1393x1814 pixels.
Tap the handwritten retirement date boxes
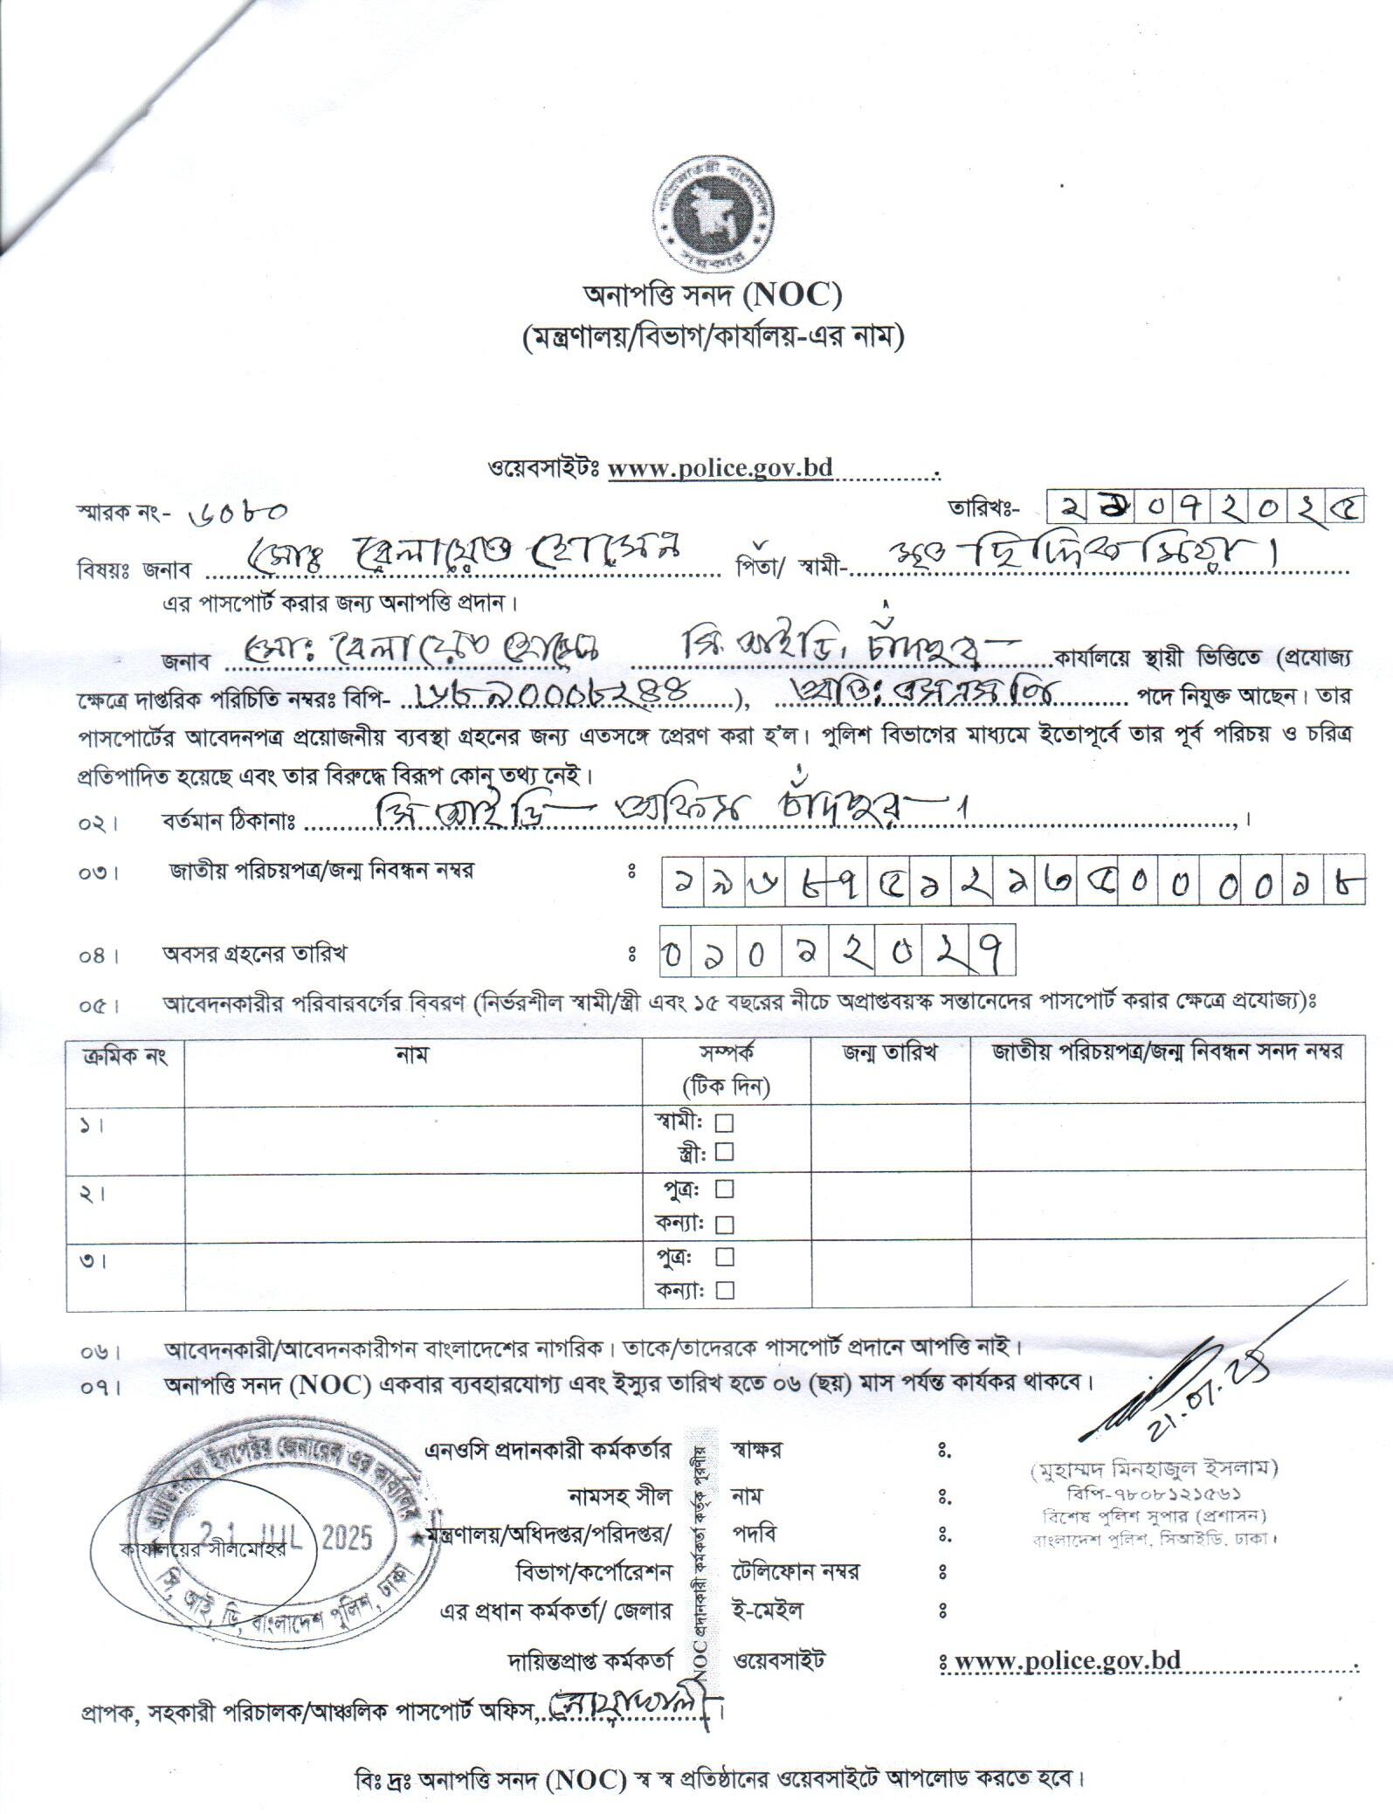[838, 952]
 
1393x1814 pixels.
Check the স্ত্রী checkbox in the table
[724, 1152]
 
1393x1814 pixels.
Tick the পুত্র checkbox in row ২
[724, 1189]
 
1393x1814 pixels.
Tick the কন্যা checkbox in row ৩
[724, 1290]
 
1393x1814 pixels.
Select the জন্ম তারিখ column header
[889, 1053]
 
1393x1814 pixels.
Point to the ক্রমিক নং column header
[125, 1056]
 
